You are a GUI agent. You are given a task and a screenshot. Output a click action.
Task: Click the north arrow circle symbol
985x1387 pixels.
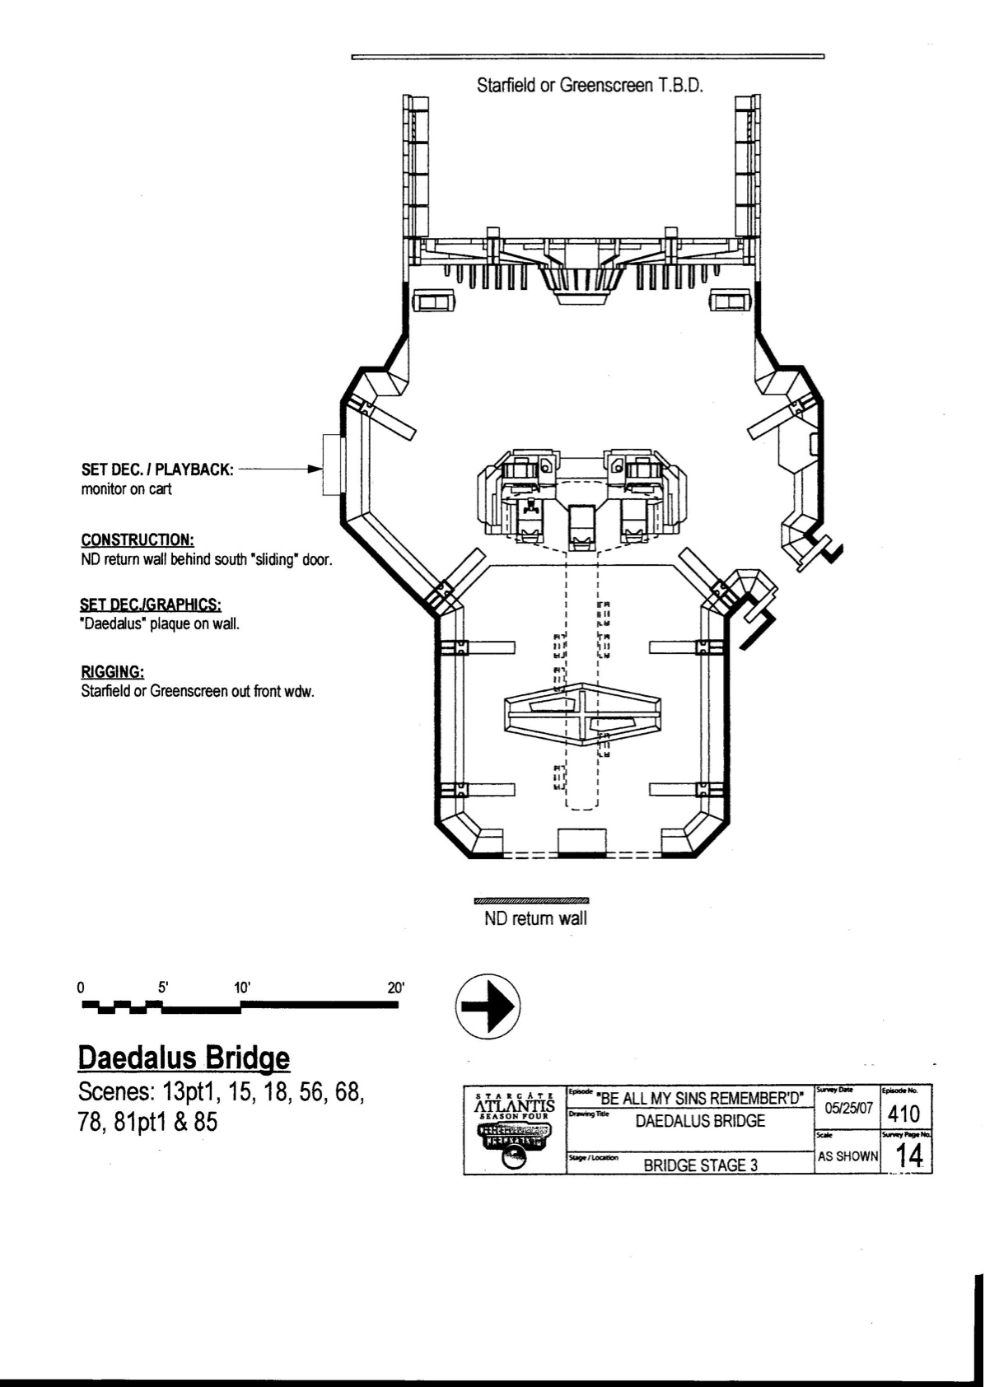pos(488,1005)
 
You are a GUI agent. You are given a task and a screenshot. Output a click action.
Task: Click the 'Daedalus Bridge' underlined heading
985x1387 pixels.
pos(184,1058)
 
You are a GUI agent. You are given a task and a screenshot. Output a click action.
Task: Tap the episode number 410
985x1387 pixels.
pos(903,1114)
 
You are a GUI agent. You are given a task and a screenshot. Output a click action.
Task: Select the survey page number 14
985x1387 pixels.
pos(908,1156)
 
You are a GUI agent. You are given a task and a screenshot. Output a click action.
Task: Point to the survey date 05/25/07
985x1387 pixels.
pos(848,1109)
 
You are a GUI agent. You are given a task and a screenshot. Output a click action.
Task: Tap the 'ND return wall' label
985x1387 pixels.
pos(535,918)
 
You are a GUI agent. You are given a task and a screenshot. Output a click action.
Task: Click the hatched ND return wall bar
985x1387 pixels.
pos(533,900)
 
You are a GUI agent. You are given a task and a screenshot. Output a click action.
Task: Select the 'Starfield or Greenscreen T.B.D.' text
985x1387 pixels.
pos(590,85)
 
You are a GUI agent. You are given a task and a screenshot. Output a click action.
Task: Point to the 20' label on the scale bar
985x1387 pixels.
pos(396,988)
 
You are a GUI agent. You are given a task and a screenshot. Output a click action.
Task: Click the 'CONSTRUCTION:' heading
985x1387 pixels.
pos(138,540)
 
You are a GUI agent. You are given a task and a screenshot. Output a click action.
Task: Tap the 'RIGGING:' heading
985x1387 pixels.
pos(113,671)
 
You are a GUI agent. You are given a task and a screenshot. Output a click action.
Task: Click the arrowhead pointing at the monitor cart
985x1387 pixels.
pos(314,469)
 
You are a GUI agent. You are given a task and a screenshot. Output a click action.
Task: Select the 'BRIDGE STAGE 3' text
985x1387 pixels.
pos(700,1165)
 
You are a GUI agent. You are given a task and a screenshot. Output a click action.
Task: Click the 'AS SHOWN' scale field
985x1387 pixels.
pos(847,1156)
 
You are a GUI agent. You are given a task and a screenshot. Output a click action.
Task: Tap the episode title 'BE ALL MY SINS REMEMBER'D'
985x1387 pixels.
pos(700,1098)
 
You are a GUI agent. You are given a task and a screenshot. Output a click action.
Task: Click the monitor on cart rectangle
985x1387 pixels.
pos(332,465)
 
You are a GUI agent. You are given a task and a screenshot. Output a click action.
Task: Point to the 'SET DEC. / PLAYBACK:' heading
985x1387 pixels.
pos(157,469)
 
